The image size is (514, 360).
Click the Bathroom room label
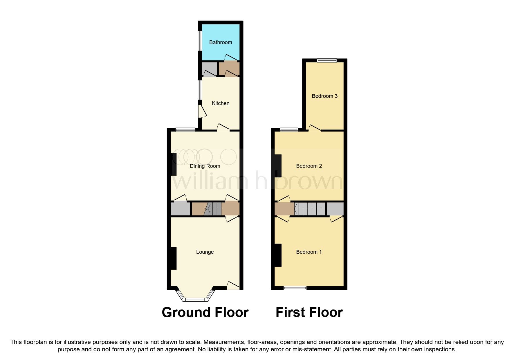click(x=221, y=42)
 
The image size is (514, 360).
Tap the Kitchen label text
click(x=221, y=103)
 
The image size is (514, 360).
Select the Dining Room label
click(x=205, y=166)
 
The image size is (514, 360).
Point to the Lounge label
click(x=205, y=252)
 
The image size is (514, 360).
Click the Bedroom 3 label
click(x=324, y=96)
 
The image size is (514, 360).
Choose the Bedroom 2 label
click(x=309, y=166)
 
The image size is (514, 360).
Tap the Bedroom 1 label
click(x=309, y=252)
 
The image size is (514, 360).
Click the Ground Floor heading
click(x=205, y=312)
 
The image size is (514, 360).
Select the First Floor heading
click(x=309, y=312)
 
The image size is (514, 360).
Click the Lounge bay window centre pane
click(x=195, y=299)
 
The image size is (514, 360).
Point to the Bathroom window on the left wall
click(x=200, y=41)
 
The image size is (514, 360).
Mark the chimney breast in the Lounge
click(x=173, y=258)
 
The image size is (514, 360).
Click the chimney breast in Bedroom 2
click(x=278, y=166)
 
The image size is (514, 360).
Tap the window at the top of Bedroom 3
click(x=327, y=60)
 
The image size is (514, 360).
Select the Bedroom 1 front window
click(x=295, y=288)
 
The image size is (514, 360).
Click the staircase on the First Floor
click(x=310, y=209)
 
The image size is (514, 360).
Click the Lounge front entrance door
click(x=233, y=286)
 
